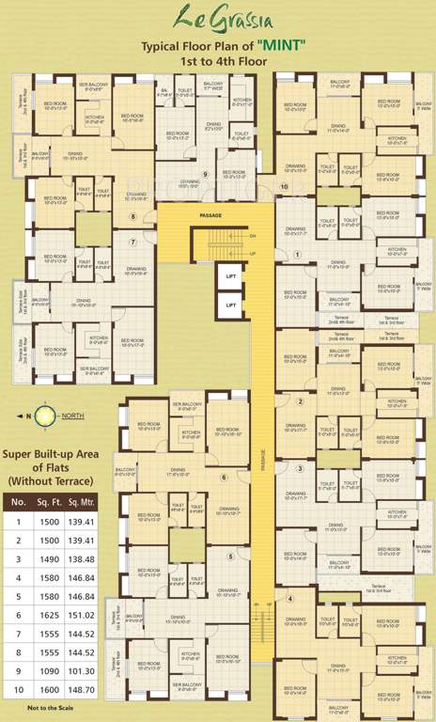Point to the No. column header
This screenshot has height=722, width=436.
coord(18,502)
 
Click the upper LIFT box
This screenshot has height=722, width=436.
coord(229,275)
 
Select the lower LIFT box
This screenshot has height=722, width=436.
coord(229,304)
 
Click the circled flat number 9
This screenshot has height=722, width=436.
coord(205,175)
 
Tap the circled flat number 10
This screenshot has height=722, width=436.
coord(285,187)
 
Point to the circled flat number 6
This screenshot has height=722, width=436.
coord(223,478)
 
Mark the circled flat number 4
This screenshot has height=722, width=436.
coord(290,599)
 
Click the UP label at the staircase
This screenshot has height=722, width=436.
coord(252,254)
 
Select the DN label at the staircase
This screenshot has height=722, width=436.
coord(252,235)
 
